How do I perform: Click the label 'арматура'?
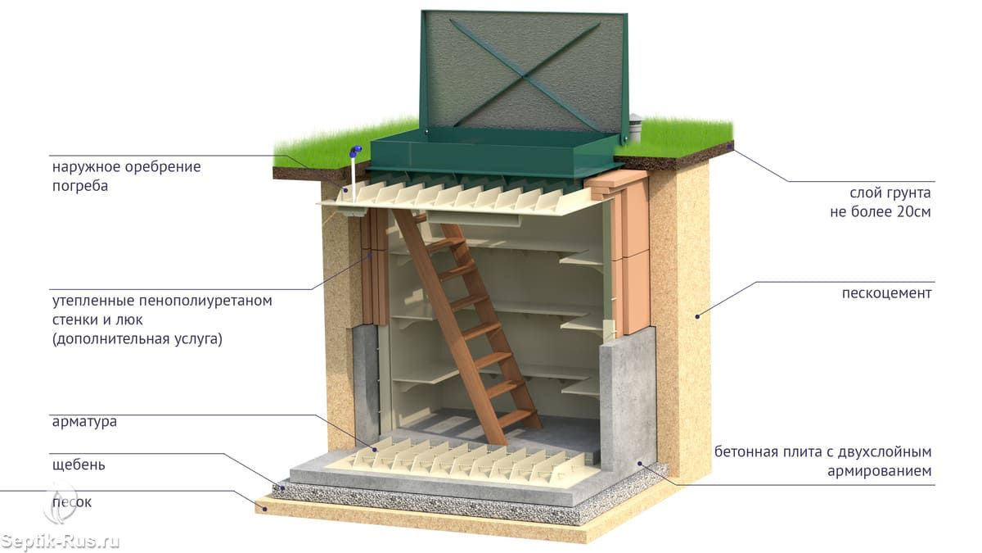(83, 423)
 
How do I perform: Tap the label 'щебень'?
(78, 465)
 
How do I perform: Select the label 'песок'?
(71, 501)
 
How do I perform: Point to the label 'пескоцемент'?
(886, 293)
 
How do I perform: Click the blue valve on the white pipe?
(355, 152)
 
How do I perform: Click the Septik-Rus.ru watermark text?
(61, 542)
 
